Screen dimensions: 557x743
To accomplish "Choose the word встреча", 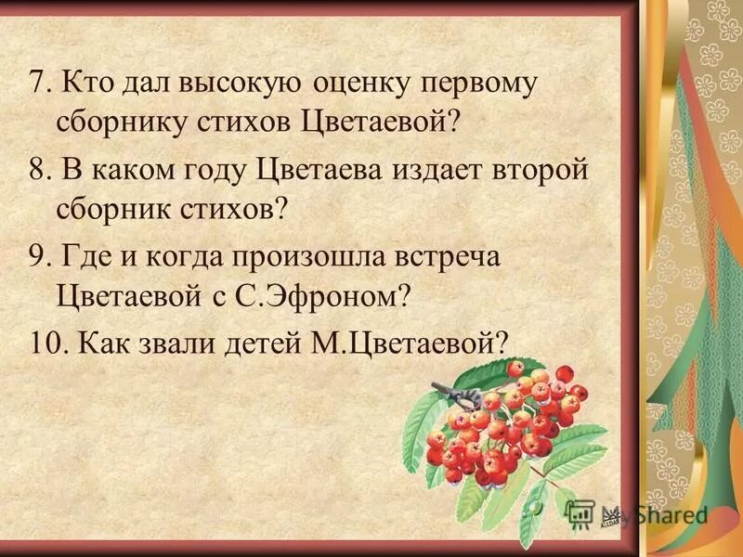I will click(x=446, y=258).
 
